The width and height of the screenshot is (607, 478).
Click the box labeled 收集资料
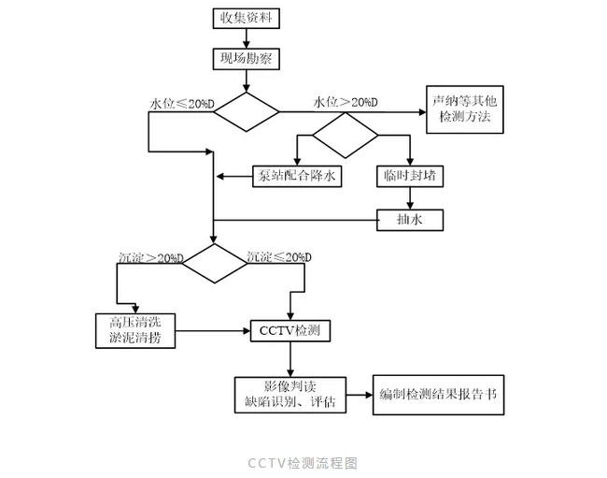click(x=247, y=19)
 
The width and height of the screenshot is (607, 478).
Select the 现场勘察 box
click(x=247, y=59)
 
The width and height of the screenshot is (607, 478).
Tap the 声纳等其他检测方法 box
click(x=465, y=112)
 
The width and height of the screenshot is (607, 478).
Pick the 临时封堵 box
click(x=409, y=175)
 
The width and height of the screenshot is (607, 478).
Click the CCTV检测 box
click(x=290, y=331)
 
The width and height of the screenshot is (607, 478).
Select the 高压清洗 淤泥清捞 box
click(x=135, y=330)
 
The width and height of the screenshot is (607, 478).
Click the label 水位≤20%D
click(x=181, y=102)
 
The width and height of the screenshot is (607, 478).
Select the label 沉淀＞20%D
click(x=150, y=257)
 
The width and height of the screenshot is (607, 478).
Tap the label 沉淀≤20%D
click(x=278, y=257)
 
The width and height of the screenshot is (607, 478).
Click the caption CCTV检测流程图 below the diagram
click(x=303, y=463)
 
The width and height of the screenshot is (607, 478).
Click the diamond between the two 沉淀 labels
click(x=214, y=265)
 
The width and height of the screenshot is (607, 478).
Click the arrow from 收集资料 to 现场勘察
click(x=247, y=38)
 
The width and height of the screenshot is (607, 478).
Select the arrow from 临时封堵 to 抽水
click(x=409, y=196)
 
